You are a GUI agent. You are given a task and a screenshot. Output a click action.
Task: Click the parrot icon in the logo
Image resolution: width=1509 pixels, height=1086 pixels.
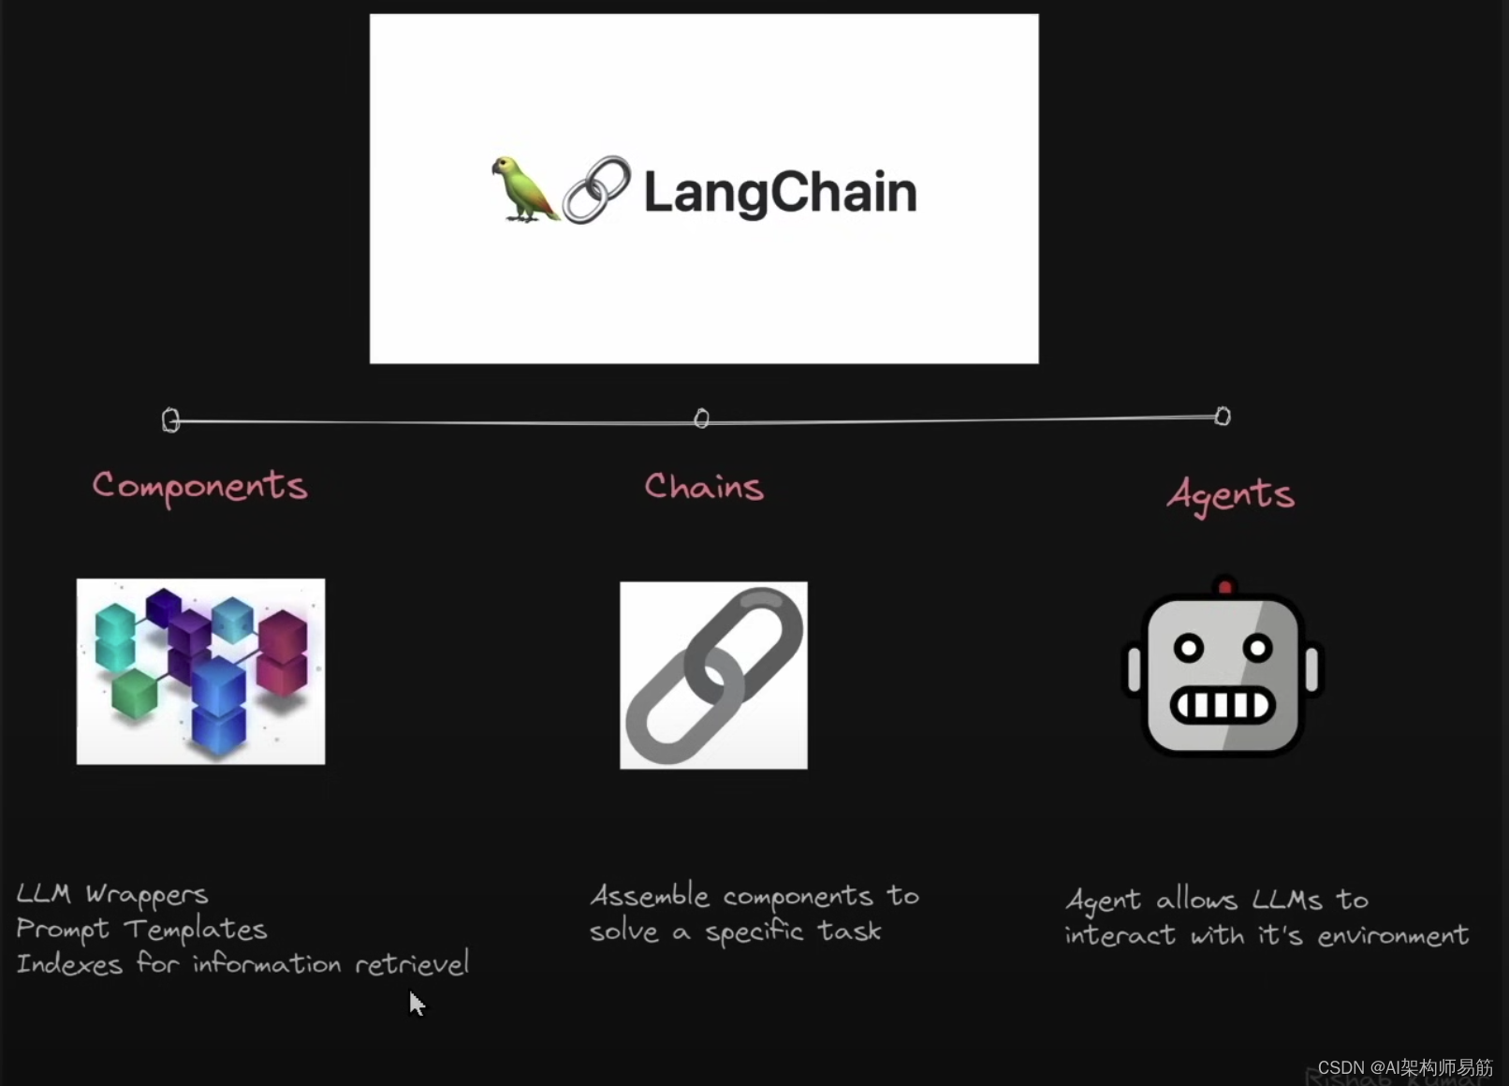tap(523, 189)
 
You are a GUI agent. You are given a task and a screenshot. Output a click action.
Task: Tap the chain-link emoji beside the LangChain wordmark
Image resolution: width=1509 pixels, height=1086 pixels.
tap(596, 189)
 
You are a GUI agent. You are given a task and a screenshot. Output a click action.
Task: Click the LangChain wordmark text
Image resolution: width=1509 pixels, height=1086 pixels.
tap(780, 193)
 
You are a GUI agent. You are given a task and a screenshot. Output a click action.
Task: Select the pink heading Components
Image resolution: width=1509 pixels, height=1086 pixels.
tap(199, 486)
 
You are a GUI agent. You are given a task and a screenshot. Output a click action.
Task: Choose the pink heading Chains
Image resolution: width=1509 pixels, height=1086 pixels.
tap(704, 487)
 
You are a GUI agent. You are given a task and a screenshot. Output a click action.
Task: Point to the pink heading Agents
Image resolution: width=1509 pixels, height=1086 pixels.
tap(1230, 493)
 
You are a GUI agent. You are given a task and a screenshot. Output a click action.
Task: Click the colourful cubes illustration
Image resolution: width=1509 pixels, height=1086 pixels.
tap(201, 671)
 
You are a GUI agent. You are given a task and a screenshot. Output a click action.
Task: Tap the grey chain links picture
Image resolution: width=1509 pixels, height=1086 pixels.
tap(713, 675)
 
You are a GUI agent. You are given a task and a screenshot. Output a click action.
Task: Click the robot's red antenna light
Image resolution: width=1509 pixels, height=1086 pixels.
tap(1224, 588)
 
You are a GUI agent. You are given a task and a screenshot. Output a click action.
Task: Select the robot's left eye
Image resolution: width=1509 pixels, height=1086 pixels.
tap(1189, 648)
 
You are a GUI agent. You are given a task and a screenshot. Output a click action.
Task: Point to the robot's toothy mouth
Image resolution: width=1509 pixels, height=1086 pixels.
tap(1223, 704)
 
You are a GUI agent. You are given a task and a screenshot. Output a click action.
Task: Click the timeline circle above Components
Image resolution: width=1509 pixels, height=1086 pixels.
tap(170, 419)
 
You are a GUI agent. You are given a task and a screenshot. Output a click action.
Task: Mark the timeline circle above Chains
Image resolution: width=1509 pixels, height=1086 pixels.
tap(701, 418)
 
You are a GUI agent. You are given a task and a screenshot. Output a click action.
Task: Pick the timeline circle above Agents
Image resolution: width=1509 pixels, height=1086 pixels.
tap(1223, 416)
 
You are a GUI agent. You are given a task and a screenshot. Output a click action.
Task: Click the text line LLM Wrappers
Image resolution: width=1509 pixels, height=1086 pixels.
tap(112, 895)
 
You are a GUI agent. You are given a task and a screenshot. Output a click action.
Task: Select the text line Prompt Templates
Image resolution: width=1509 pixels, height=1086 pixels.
tap(141, 930)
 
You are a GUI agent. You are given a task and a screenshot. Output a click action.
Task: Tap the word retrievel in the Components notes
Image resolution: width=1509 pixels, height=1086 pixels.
tap(412, 963)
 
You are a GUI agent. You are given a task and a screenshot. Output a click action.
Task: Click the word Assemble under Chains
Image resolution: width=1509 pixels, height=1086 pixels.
tap(650, 896)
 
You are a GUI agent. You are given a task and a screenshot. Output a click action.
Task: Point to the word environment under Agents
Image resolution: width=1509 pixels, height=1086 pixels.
tap(1393, 935)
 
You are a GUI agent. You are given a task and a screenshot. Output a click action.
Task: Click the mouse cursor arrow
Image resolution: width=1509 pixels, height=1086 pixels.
tap(417, 1003)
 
